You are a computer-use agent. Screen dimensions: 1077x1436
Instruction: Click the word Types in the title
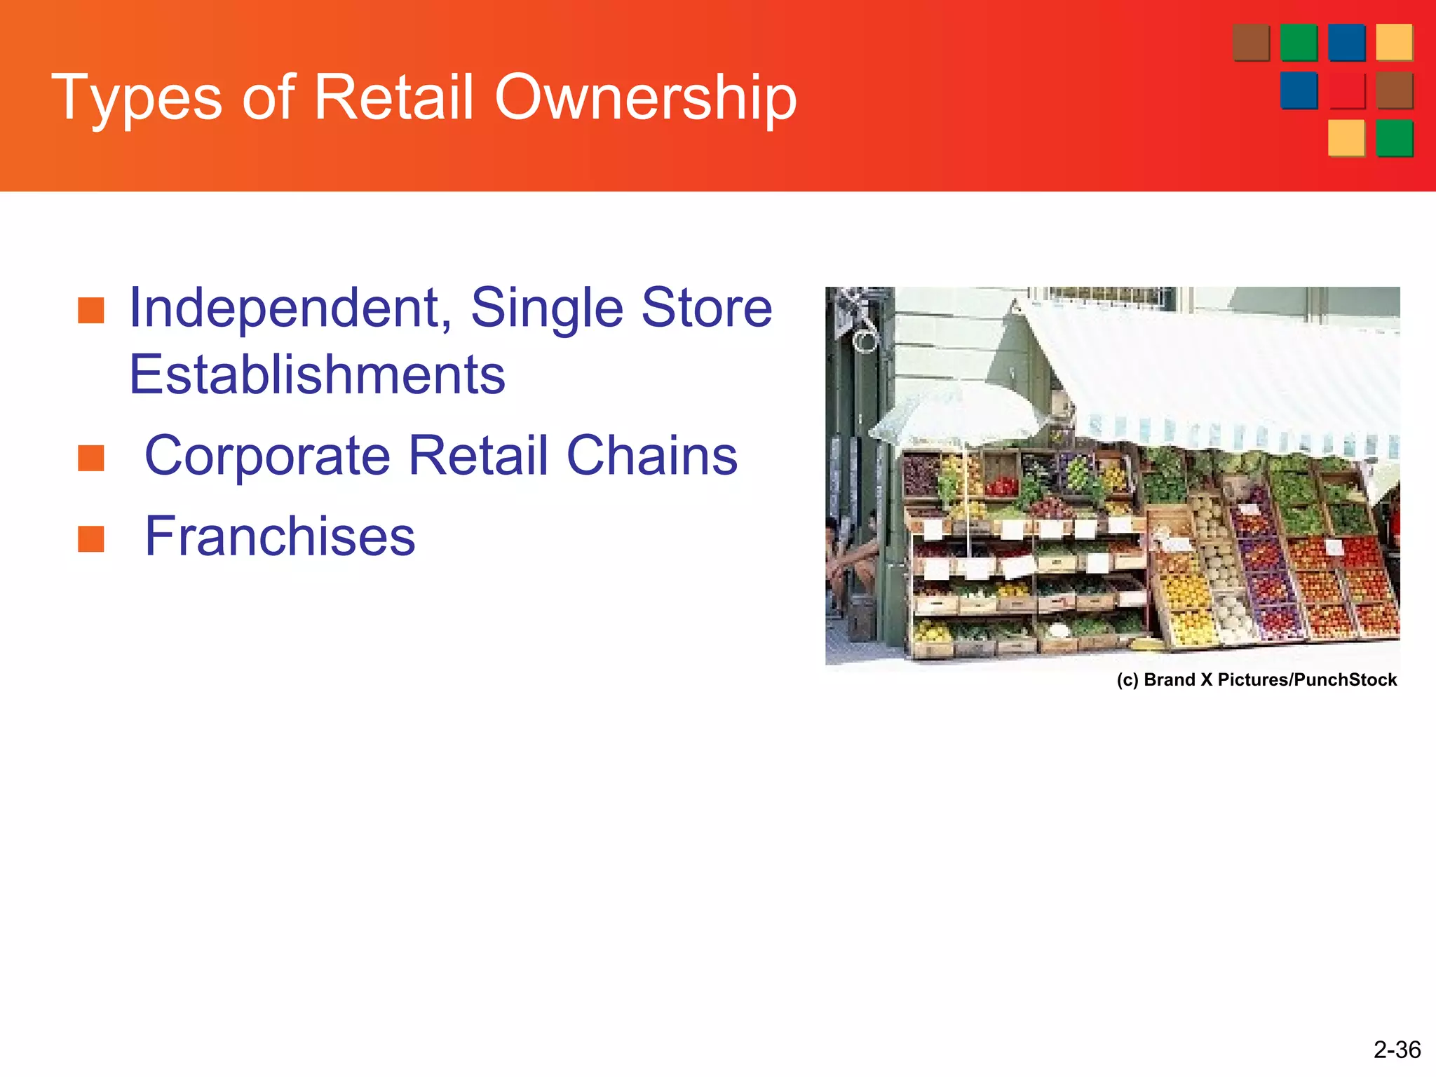coord(137,98)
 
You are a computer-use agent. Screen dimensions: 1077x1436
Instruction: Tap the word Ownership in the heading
coord(645,98)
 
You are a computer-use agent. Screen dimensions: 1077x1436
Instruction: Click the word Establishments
coord(317,374)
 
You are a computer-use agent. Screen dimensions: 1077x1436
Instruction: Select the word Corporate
coord(267,456)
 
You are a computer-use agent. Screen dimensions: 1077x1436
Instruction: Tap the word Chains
coord(651,456)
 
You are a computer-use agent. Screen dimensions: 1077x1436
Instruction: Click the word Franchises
coord(280,536)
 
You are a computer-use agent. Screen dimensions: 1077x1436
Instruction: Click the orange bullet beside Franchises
coord(91,538)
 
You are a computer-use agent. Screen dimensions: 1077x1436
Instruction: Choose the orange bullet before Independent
coord(91,310)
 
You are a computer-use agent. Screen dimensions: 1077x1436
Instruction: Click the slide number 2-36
coord(1396,1050)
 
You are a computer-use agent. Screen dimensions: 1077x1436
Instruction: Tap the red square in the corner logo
coord(1346,91)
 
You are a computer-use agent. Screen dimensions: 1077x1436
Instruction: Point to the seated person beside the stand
coord(848,561)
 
